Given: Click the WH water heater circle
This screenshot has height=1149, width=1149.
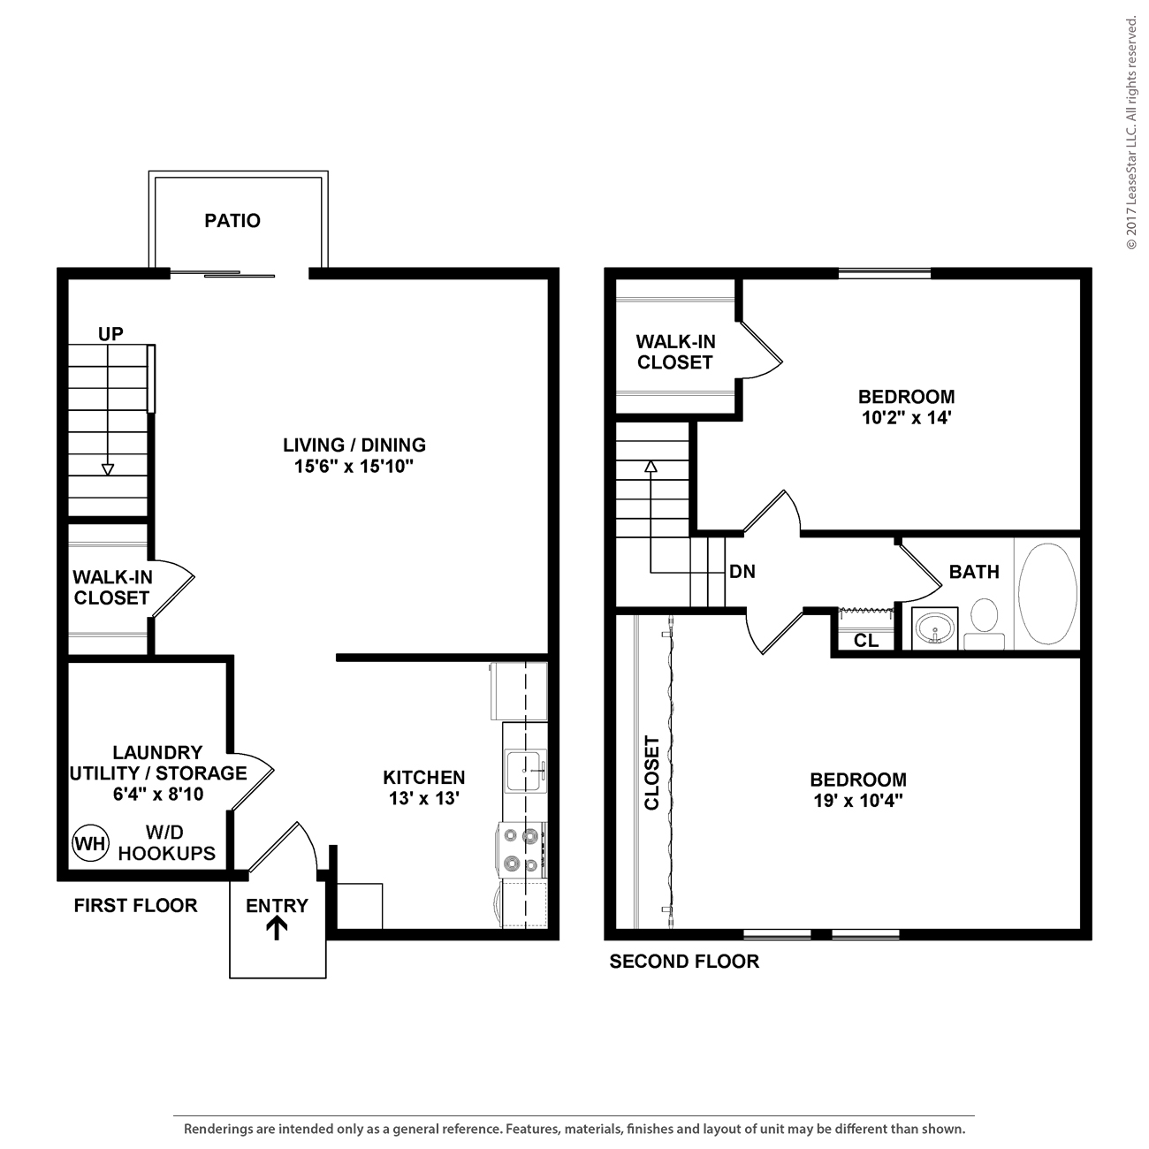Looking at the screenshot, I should tap(89, 842).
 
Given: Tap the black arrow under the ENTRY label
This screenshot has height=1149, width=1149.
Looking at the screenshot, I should tap(277, 927).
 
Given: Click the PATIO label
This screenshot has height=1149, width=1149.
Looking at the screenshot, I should tap(232, 221).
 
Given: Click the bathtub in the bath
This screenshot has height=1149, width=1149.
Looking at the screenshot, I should tap(1048, 594).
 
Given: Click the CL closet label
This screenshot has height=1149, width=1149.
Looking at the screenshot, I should tap(866, 641).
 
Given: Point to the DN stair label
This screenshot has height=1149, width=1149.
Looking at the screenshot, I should tap(742, 572).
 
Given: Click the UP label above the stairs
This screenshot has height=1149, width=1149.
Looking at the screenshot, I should tap(110, 334).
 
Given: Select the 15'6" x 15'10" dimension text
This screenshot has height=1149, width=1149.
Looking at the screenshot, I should tap(354, 467).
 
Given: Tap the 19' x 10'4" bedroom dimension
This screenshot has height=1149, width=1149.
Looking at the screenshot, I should tap(858, 801).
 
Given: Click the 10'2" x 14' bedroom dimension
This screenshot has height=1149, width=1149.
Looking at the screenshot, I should tap(906, 417).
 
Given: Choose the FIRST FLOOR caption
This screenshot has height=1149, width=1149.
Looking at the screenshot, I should tap(135, 906).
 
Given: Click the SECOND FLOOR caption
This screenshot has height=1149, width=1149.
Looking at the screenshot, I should tap(684, 962).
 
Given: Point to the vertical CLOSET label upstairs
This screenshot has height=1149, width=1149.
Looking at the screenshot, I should tap(652, 773).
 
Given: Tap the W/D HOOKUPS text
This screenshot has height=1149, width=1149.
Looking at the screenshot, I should tap(167, 843).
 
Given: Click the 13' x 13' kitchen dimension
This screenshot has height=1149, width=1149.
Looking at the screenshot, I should tap(424, 798).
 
